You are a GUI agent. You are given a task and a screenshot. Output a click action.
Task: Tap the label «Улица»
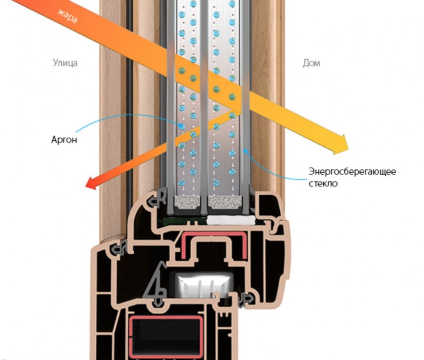pos(65,63)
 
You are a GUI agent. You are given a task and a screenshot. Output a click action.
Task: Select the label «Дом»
pos(311,63)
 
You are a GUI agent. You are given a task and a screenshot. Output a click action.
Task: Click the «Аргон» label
pos(64,140)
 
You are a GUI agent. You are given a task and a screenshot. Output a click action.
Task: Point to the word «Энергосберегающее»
pos(352,172)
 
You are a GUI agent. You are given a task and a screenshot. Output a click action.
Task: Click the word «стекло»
pos(323,184)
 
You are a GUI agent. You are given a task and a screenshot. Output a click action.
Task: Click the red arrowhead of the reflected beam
pos(92,183)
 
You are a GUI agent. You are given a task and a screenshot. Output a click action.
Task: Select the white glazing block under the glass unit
pos(231,220)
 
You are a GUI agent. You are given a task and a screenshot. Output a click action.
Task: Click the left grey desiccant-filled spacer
pos(188,202)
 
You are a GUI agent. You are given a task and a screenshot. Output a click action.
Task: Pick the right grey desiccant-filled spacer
pos(225,202)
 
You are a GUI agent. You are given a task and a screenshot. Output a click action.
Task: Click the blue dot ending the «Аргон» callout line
pos(180,126)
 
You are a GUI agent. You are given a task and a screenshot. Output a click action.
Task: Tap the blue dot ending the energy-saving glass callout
pos(245,151)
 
